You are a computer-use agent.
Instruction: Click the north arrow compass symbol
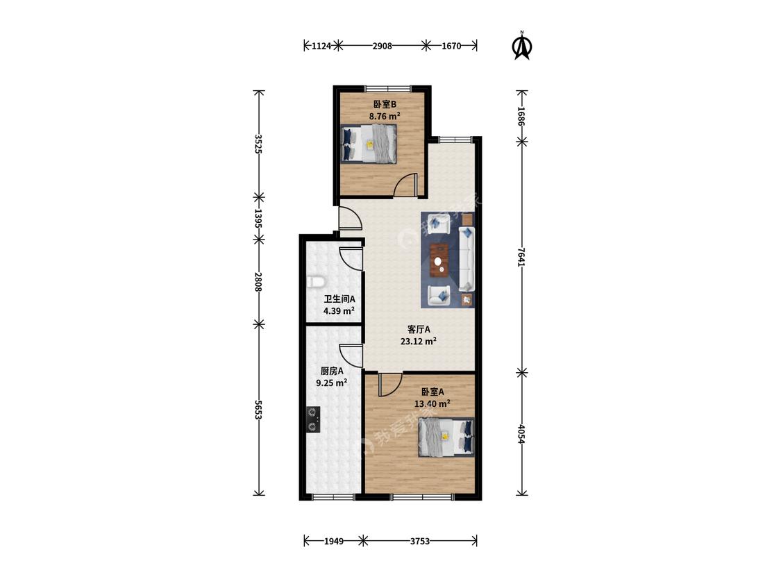(522, 46)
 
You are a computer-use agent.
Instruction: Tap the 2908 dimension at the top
(382, 46)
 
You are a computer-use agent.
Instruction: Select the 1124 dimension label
(321, 46)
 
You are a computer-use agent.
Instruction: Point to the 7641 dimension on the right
(521, 257)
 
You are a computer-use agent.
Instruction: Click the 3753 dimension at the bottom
(419, 541)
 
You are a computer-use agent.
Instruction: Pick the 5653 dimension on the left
(258, 409)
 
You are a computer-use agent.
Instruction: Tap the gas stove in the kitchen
(313, 419)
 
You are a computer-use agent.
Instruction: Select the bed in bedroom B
(369, 144)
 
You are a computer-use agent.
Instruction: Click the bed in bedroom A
(446, 437)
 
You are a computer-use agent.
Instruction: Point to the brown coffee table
(439, 259)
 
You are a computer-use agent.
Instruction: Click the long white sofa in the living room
(467, 259)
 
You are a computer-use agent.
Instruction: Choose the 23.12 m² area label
(419, 342)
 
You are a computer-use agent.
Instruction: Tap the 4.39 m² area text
(339, 311)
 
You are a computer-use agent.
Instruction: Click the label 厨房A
(332, 371)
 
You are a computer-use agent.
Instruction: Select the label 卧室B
(385, 105)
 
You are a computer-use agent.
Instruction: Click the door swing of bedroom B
(405, 185)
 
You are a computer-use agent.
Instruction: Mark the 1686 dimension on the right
(521, 116)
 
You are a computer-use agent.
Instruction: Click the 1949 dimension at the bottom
(334, 541)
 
